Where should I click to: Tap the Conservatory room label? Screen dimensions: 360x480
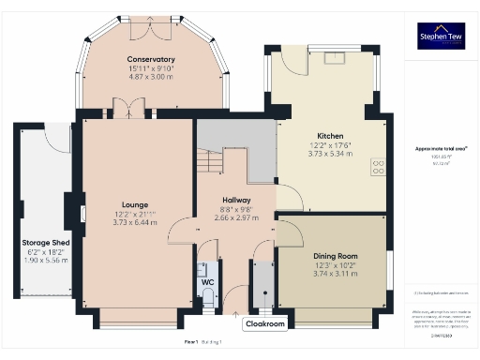tap(151, 60)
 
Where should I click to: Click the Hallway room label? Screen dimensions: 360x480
tap(235, 200)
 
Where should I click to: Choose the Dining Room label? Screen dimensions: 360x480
tap(335, 256)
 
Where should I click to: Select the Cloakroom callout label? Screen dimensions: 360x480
tap(264, 324)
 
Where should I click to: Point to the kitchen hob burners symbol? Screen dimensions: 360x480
tap(378, 168)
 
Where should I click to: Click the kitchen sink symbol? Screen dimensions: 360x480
tap(333, 58)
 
